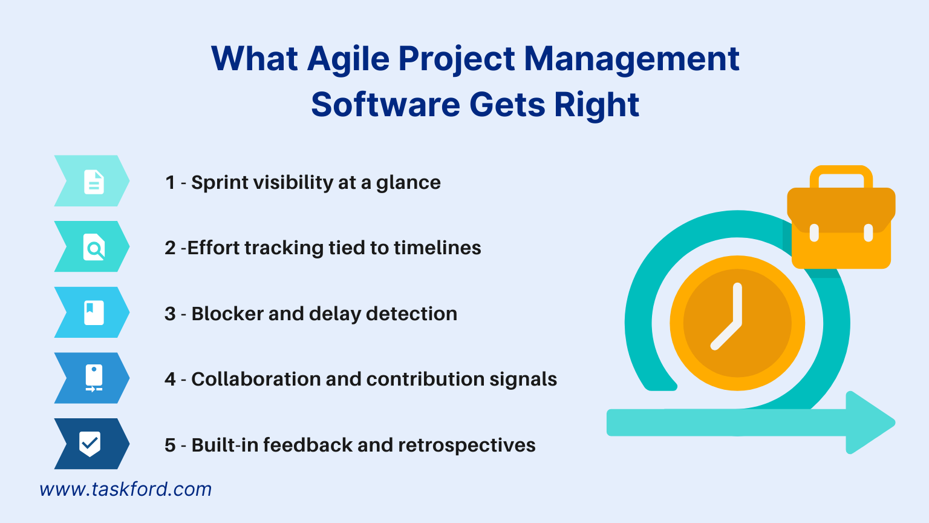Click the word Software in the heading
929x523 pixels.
click(x=385, y=105)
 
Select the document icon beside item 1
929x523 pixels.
click(x=94, y=182)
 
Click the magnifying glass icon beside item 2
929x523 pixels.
click(x=94, y=248)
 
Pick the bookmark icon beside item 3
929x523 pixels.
click(x=94, y=313)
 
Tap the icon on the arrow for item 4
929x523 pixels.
click(x=94, y=378)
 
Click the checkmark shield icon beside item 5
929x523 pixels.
click(x=90, y=444)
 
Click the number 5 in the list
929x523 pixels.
click(x=170, y=446)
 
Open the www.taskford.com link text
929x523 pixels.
click(x=126, y=489)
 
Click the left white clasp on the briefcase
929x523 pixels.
click(x=814, y=232)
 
